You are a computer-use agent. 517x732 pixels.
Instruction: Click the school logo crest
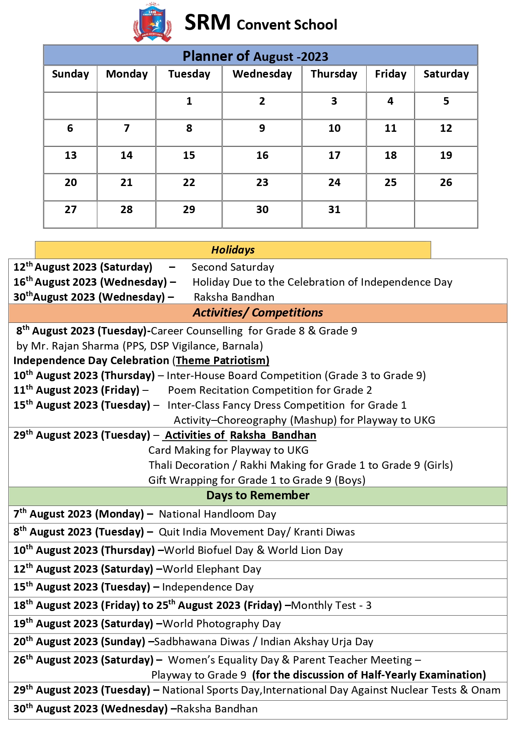[152, 23]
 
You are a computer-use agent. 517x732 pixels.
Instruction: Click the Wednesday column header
[262, 74]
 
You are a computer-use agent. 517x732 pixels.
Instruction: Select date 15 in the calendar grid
[189, 156]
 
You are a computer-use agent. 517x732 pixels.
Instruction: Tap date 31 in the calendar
[334, 210]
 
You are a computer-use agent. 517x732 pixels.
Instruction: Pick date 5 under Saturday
[446, 101]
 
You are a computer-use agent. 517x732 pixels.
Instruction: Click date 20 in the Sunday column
[70, 183]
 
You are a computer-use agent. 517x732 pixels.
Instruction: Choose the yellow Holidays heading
[233, 250]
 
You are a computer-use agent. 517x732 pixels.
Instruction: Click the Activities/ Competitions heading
[257, 313]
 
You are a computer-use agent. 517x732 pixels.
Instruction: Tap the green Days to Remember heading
[257, 496]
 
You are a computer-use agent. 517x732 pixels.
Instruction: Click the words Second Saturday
[232, 267]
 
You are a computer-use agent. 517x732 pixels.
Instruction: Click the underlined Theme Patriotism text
[222, 361]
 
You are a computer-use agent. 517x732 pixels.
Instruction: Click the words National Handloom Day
[217, 514]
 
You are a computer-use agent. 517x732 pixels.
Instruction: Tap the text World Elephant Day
[212, 569]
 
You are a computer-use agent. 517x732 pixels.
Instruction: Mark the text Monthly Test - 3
[331, 606]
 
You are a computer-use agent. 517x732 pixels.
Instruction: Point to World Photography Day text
[222, 624]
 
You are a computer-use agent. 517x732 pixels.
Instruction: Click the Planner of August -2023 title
[255, 56]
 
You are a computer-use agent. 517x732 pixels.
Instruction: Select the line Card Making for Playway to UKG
[228, 450]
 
